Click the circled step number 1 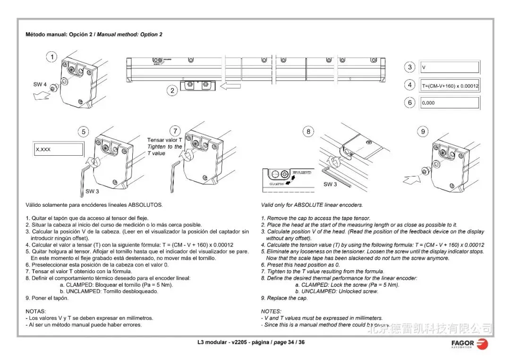[x=51, y=58]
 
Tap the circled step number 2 [x=173, y=91]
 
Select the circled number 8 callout [x=308, y=132]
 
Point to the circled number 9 [x=423, y=132]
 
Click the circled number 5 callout [x=84, y=132]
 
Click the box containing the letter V [x=449, y=67]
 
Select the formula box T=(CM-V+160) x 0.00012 [x=449, y=85]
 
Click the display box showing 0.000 [x=449, y=103]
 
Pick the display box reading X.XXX [x=58, y=149]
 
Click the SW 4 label [x=40, y=84]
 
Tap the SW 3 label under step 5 [x=92, y=192]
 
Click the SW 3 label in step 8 [x=330, y=184]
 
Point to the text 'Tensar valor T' [x=164, y=140]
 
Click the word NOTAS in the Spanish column [x=35, y=311]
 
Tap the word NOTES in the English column [x=271, y=311]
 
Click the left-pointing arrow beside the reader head [x=231, y=86]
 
